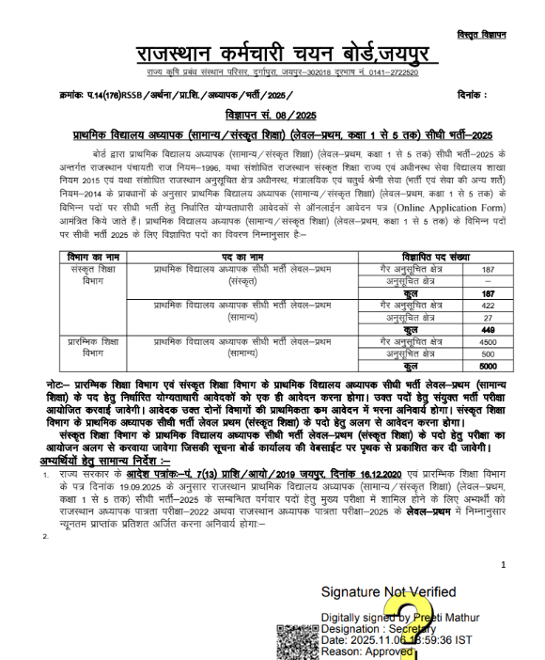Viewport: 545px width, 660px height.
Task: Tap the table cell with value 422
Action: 488,306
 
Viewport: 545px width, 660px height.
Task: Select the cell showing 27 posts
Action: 488,318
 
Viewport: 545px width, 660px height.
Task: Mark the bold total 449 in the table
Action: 488,330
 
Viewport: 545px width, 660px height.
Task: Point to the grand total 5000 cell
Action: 488,367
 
